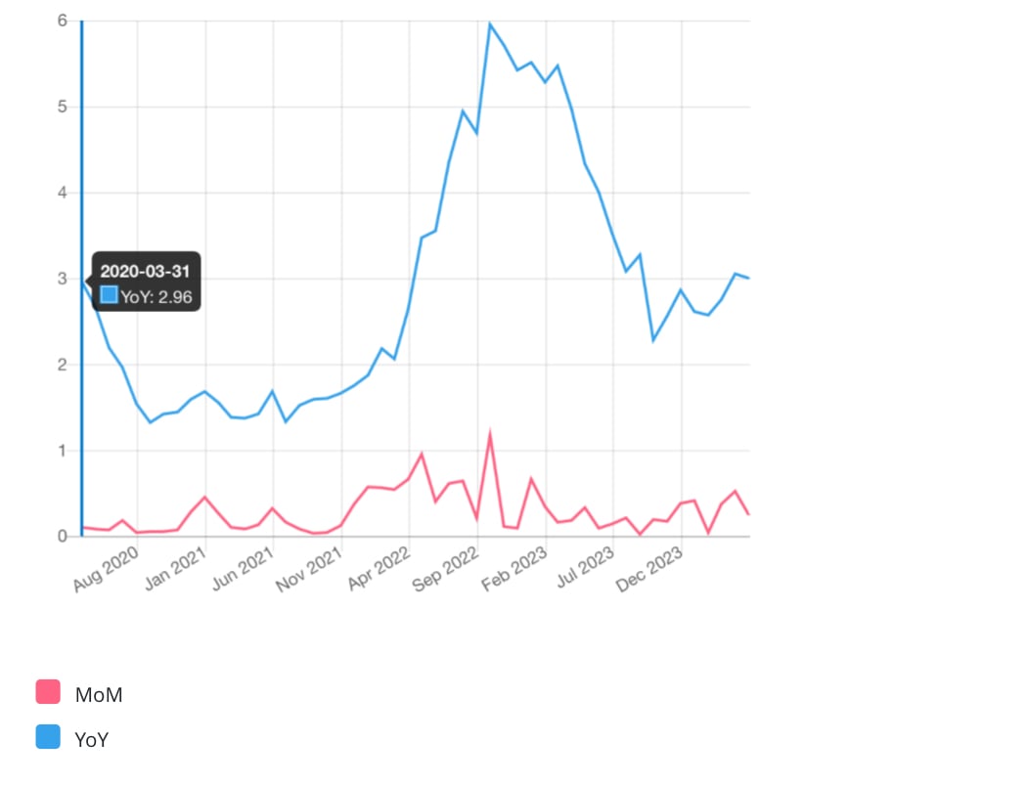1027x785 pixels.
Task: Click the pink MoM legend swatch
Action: [48, 692]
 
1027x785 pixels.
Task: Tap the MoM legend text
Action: [99, 695]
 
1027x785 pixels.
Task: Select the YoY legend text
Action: [91, 740]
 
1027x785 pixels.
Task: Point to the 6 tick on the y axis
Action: [62, 22]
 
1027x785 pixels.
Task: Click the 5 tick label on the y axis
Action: [62, 107]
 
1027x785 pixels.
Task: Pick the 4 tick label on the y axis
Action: [62, 193]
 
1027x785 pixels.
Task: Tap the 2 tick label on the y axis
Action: [62, 365]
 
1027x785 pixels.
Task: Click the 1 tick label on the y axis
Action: [62, 451]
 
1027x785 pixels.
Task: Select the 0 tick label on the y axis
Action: [62, 537]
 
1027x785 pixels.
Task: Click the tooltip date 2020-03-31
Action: [145, 271]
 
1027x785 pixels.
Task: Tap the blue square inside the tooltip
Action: [110, 294]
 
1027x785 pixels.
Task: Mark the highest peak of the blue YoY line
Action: [489, 23]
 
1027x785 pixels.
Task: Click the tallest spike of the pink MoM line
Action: [489, 435]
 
